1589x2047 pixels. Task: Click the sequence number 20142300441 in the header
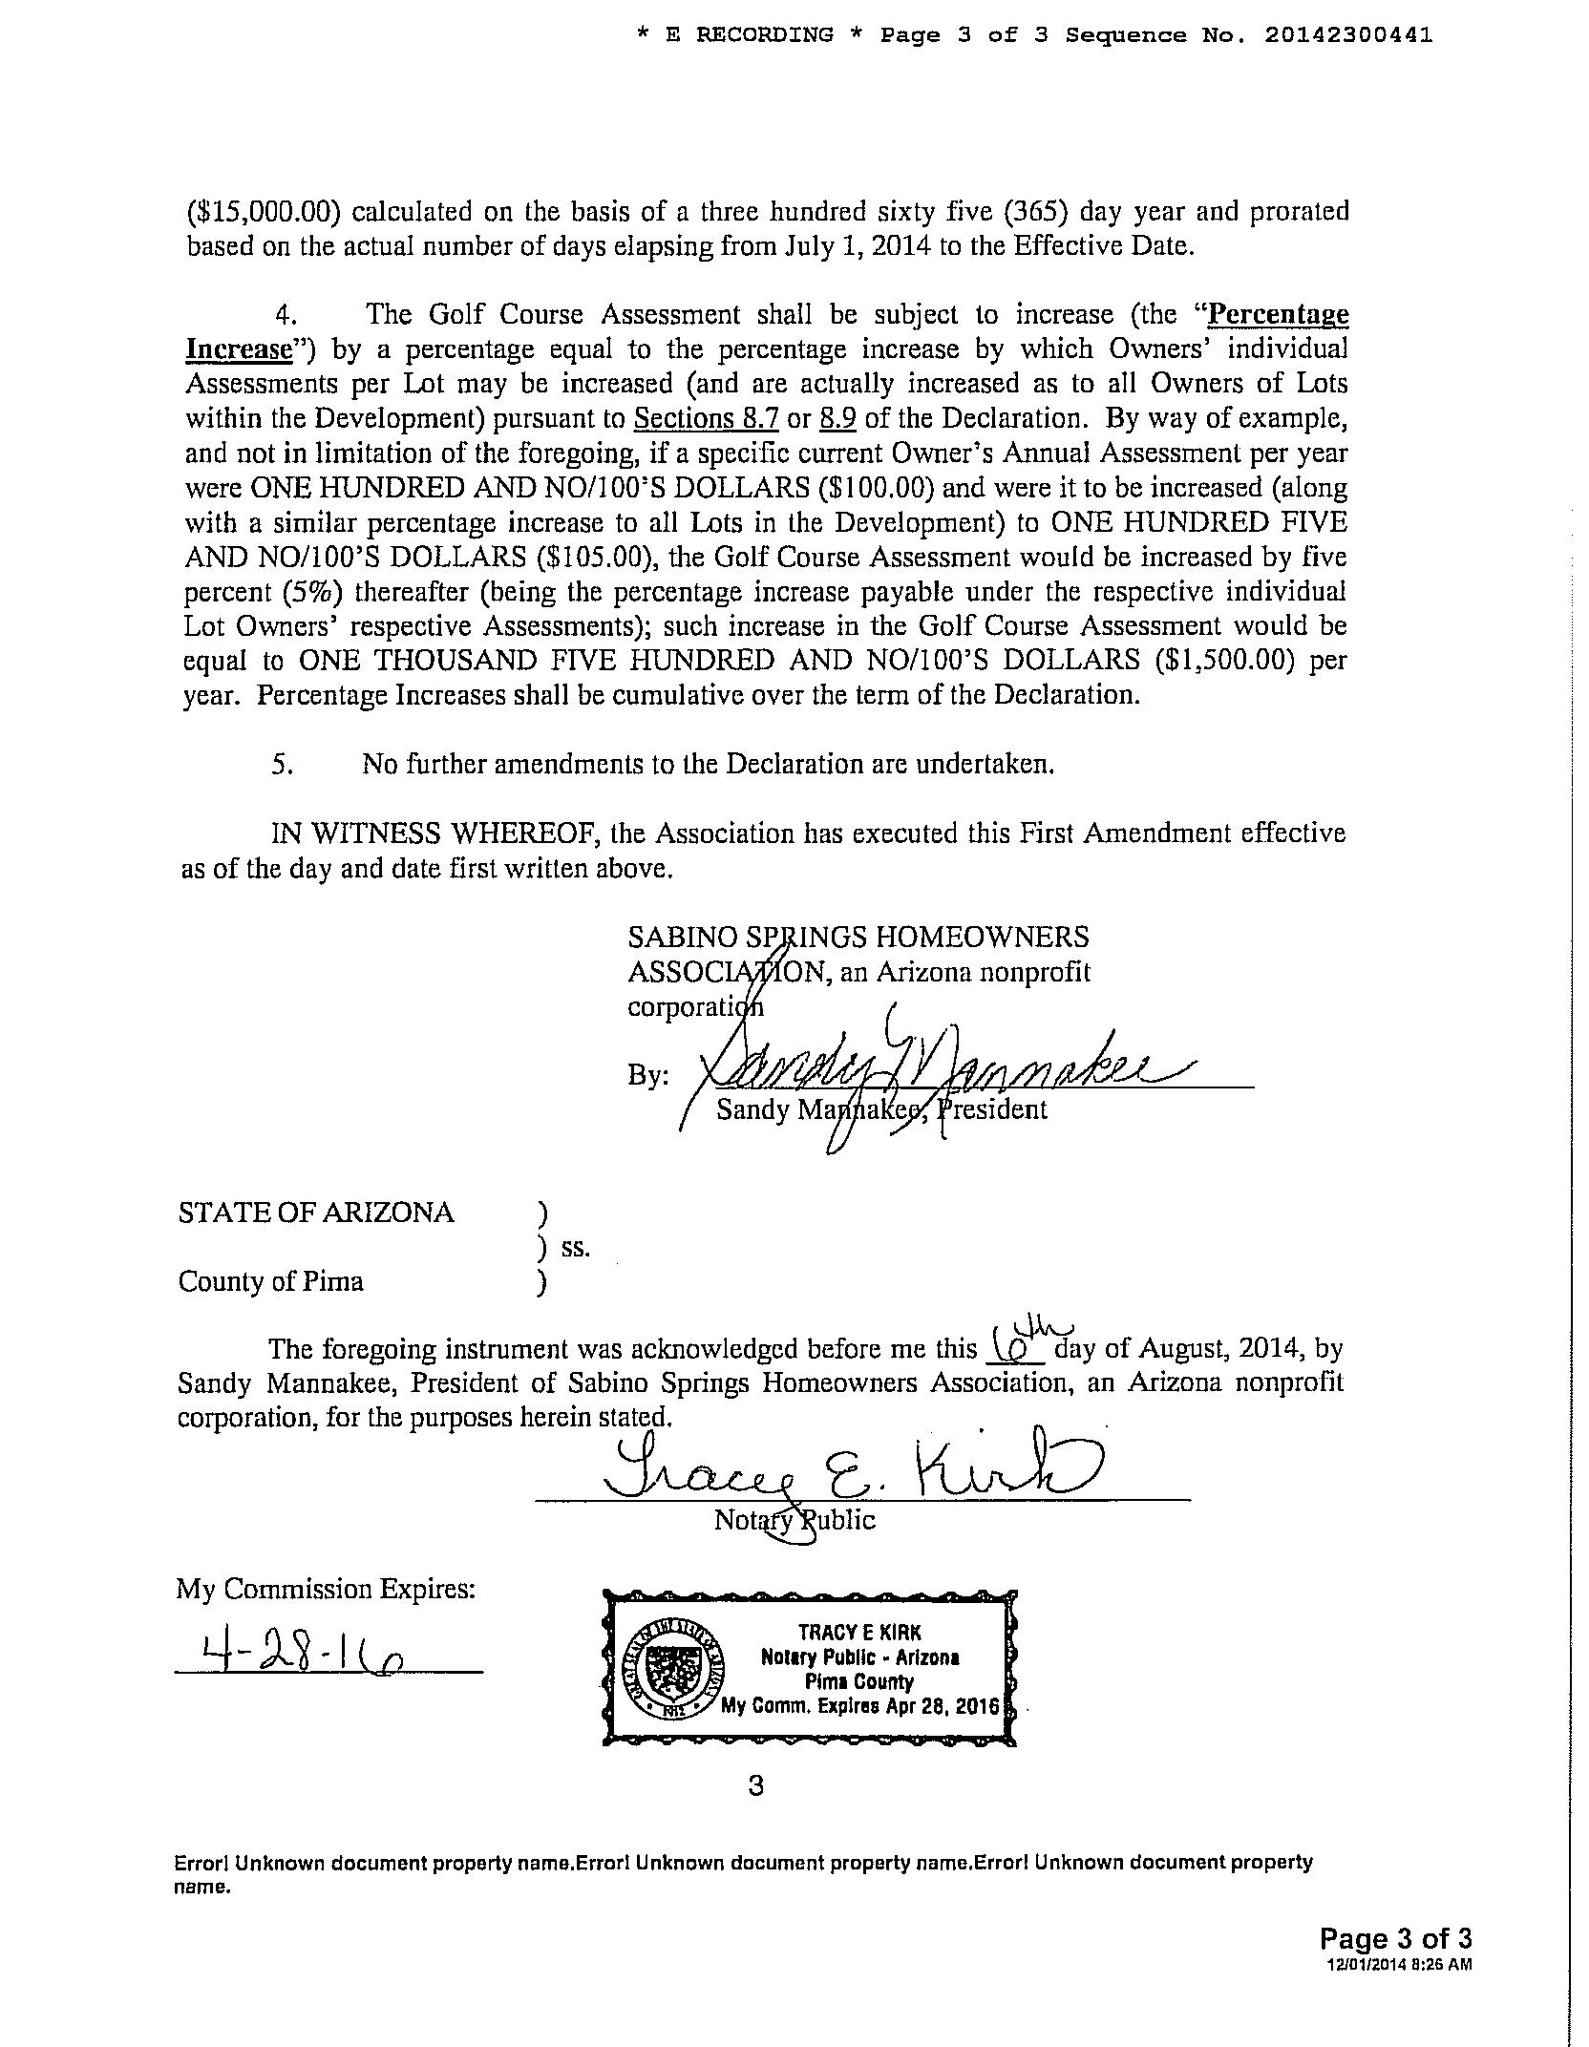point(1347,35)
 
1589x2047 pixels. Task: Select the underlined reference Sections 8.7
point(707,418)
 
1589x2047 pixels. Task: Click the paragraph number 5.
point(282,765)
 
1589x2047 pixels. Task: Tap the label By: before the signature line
point(647,1076)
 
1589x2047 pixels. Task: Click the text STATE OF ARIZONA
point(316,1213)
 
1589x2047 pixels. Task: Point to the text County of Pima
point(271,1281)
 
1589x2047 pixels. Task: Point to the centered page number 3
point(756,1786)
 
